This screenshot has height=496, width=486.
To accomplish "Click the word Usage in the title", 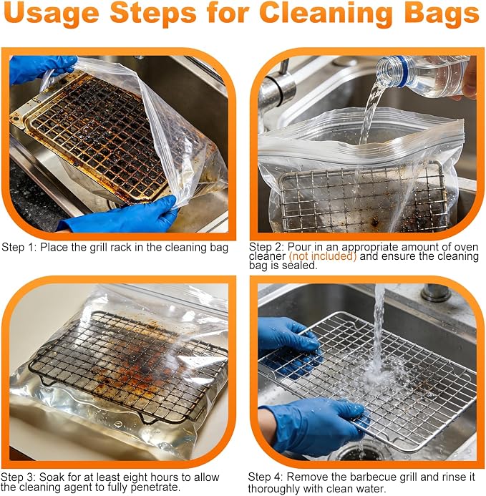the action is click(52, 14).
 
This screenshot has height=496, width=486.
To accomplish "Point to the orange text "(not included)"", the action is click(322, 256).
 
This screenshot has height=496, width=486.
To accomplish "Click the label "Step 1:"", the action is click(19, 247).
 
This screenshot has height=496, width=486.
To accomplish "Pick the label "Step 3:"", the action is click(19, 477).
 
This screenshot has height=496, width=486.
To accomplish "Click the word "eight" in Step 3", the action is click(135, 477).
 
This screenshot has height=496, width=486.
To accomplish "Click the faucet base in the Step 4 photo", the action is click(435, 293).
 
